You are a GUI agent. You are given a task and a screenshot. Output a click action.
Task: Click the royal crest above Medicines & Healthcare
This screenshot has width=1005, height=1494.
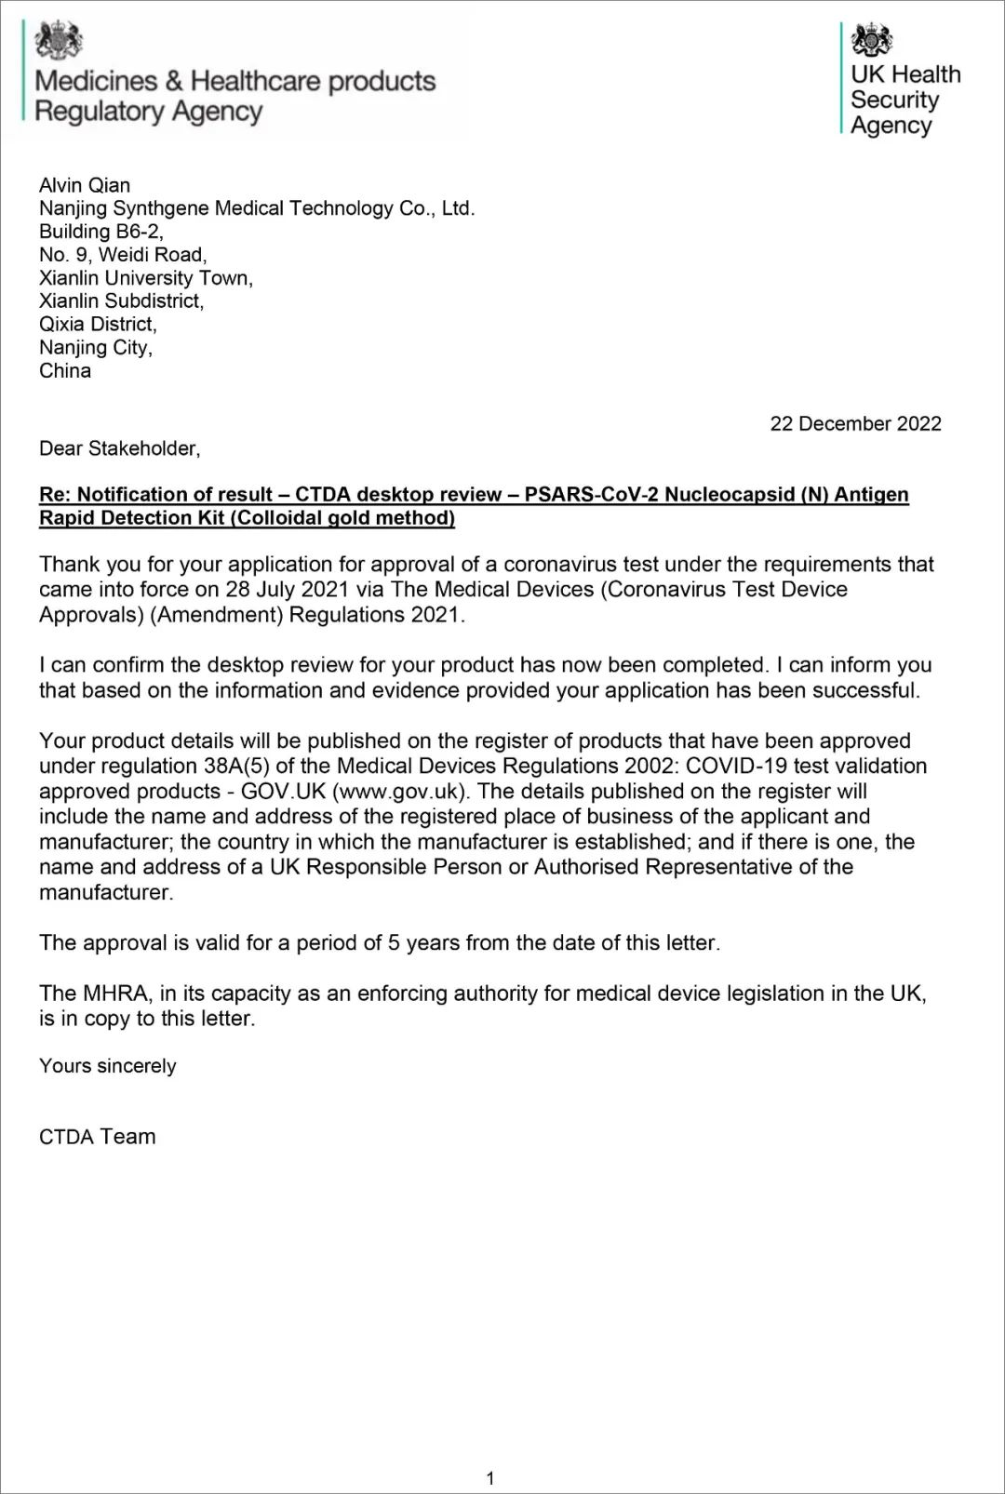pyautogui.click(x=59, y=40)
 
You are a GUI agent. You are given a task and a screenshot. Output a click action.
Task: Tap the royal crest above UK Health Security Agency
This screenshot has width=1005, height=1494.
pyautogui.click(x=872, y=40)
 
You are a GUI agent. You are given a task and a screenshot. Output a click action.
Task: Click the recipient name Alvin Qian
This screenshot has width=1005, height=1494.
pyautogui.click(x=85, y=185)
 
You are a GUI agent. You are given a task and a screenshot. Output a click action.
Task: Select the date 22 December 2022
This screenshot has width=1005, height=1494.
pyautogui.click(x=855, y=423)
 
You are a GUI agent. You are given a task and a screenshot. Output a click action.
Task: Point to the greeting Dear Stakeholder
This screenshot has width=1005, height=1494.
pyautogui.click(x=119, y=448)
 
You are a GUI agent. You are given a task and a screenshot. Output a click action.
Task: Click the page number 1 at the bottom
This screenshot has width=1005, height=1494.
pyautogui.click(x=490, y=1477)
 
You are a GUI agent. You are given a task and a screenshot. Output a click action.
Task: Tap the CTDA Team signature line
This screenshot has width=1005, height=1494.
pyautogui.click(x=98, y=1136)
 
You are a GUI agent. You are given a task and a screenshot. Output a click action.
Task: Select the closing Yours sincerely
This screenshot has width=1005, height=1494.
pyautogui.click(x=108, y=1066)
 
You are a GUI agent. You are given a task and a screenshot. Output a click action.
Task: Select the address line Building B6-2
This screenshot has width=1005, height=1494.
pyautogui.click(x=101, y=232)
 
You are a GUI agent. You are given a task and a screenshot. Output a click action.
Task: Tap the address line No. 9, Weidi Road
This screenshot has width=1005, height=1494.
pyautogui.click(x=123, y=255)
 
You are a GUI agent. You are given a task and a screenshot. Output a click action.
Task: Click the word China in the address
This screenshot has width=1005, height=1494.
pyautogui.click(x=65, y=371)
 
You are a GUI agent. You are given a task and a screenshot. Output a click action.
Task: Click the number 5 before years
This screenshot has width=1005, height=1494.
pyautogui.click(x=394, y=943)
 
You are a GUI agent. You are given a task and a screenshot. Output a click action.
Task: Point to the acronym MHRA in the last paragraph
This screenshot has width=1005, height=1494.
pyautogui.click(x=115, y=994)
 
